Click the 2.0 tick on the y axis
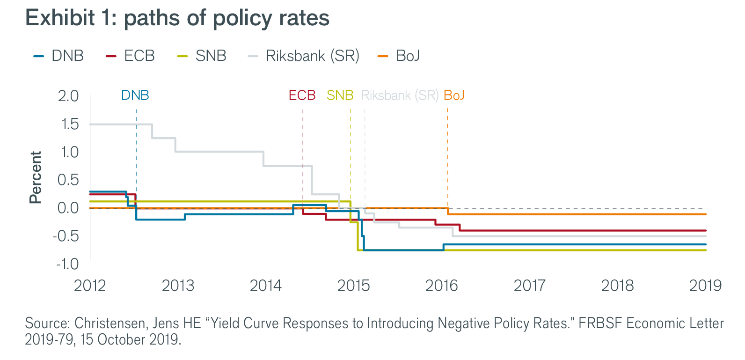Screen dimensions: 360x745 click(68, 96)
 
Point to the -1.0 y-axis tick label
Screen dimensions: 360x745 click(67, 264)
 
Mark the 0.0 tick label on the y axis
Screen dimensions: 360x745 click(68, 208)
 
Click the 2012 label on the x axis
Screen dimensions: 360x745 click(90, 286)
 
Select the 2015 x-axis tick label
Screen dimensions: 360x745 click(353, 286)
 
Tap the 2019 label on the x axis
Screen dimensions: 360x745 click(705, 286)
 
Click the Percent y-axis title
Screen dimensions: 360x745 click(36, 177)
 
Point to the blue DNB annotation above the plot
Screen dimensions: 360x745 click(135, 96)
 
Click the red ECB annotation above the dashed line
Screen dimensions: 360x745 click(302, 96)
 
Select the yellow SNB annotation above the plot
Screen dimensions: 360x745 click(340, 96)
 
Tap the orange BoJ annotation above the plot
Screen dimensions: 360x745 click(454, 96)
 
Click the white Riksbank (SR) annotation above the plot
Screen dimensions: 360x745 click(399, 96)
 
